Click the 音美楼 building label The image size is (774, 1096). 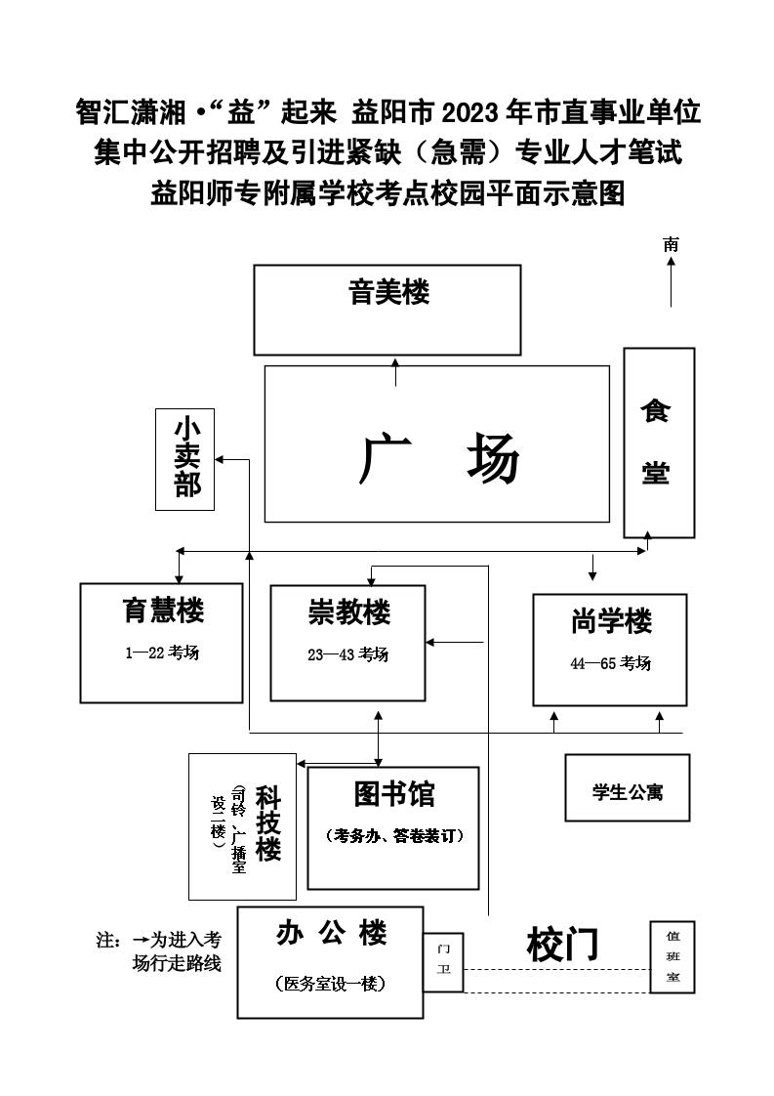[388, 291]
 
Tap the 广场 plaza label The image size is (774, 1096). [439, 459]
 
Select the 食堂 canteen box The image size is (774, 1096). [658, 442]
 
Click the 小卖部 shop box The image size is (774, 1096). [185, 459]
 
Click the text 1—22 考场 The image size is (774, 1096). [162, 653]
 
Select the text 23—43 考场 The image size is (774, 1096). [347, 654]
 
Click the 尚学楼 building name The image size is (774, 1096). [611, 621]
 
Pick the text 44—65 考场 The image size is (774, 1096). [610, 663]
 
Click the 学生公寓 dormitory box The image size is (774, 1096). [627, 788]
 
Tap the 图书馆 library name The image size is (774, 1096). [394, 794]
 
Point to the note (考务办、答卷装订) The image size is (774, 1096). [393, 836]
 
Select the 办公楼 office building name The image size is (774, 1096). [331, 934]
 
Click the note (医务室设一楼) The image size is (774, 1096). [331, 984]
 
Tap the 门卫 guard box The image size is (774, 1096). [443, 962]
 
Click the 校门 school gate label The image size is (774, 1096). [561, 945]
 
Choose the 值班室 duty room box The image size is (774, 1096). [672, 957]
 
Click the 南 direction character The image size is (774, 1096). [671, 245]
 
